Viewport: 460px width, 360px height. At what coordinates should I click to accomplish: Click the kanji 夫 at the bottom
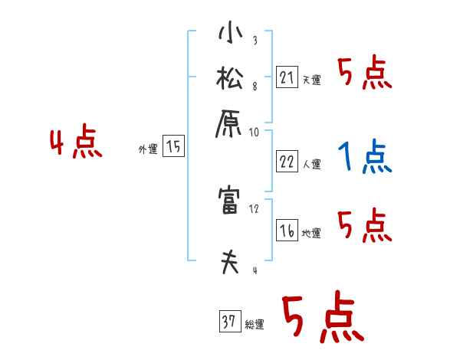pos(229,262)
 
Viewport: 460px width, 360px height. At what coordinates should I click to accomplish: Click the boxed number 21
pos(286,77)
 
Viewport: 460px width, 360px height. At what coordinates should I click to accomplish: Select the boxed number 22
pos(286,162)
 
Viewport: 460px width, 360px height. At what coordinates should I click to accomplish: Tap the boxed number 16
pos(286,231)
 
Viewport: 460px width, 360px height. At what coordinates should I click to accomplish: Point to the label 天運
pos(311,80)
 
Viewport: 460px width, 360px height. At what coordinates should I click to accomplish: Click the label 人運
pos(312,164)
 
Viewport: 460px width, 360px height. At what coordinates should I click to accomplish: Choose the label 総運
pos(254,325)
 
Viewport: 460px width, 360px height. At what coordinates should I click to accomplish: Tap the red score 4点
pos(75,144)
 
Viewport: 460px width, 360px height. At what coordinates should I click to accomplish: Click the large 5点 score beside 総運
pos(321,318)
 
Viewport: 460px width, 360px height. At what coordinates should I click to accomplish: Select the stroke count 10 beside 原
pos(255,132)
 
